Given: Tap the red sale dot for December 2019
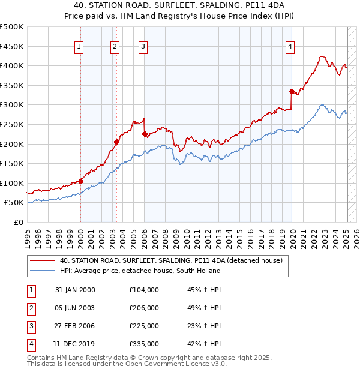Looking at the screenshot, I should pos(292,91).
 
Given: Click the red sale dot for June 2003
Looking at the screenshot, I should pos(116,142).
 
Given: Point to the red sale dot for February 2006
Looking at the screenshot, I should pos(145,134).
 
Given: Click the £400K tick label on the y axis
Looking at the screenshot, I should pos(12,65).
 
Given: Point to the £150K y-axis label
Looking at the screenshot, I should pos(12,163).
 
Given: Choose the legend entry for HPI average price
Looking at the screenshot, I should pos(140,271).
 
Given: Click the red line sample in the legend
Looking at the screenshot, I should pos(42,260).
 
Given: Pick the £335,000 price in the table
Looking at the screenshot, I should pos(144,344).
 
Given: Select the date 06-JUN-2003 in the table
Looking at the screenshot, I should pos(75,308).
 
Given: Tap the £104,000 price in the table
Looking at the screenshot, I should pos(144,290).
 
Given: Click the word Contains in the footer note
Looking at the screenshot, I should pos(41,358).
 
